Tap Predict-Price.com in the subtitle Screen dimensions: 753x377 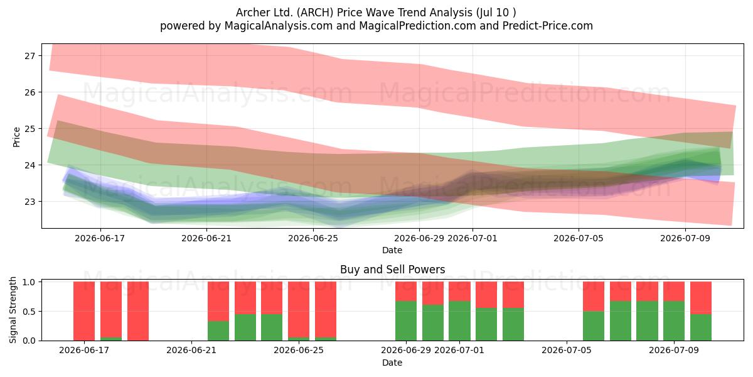point(548,26)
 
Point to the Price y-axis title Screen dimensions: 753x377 point(16,137)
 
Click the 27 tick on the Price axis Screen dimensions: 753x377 point(29,55)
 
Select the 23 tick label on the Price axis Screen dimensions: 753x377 point(29,202)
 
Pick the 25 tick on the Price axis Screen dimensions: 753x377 point(29,129)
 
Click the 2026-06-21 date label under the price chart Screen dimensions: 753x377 point(206,238)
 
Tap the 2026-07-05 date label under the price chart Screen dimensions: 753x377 point(579,238)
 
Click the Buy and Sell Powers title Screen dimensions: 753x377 point(392,270)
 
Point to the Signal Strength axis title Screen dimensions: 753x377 point(13,310)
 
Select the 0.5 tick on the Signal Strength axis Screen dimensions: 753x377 point(29,312)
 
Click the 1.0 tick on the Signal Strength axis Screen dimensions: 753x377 point(29,282)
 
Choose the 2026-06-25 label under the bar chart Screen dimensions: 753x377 point(299,350)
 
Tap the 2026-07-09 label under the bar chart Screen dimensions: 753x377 point(674,350)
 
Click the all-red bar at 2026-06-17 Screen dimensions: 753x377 point(84,311)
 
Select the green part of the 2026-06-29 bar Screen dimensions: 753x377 point(406,321)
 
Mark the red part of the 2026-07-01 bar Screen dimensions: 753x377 point(459,291)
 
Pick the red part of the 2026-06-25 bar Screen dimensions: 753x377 point(299,309)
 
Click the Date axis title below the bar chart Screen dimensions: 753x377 point(392,363)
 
